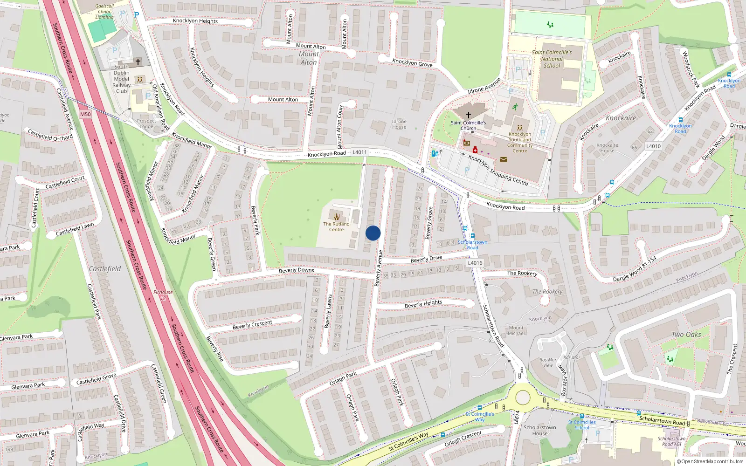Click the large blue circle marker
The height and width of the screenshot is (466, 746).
[x=373, y=233]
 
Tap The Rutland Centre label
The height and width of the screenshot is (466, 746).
[x=336, y=226]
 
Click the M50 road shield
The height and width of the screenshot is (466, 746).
[x=85, y=114]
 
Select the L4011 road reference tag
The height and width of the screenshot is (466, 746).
[x=359, y=152]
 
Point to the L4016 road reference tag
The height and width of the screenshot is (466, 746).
[x=475, y=263]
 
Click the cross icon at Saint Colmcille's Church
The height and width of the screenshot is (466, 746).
[x=469, y=115]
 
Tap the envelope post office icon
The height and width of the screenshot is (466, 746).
[x=504, y=159]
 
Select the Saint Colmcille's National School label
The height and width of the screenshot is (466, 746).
[x=552, y=59]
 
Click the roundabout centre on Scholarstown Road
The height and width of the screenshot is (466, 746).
[x=523, y=397]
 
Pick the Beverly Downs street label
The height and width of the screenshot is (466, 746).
[x=297, y=270]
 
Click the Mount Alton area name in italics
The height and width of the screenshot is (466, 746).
[x=309, y=58]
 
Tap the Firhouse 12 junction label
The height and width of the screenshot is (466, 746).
[x=163, y=295]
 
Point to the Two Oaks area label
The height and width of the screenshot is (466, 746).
[x=686, y=335]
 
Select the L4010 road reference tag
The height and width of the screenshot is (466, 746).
[x=653, y=146]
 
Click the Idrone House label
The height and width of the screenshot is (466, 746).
[x=399, y=124]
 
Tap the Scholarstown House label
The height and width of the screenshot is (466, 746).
[x=540, y=430]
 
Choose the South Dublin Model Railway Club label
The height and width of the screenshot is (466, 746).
[x=122, y=79]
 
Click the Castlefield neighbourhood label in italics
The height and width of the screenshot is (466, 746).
[x=105, y=269]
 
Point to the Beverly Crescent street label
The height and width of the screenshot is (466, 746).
[x=252, y=324]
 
